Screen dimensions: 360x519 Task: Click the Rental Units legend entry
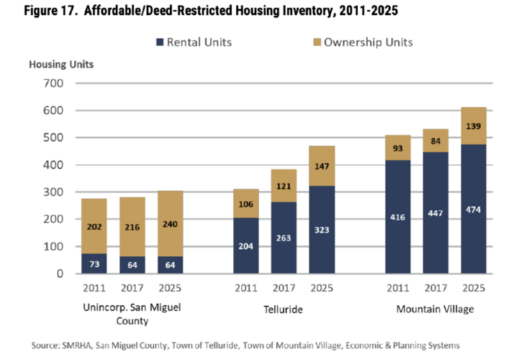[199, 42]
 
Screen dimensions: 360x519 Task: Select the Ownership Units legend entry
[368, 42]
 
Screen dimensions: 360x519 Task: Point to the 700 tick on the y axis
[54, 84]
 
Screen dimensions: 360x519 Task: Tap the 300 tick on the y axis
[54, 192]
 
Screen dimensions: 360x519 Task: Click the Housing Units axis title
[60, 64]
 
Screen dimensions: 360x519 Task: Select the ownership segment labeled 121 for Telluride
[284, 186]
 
